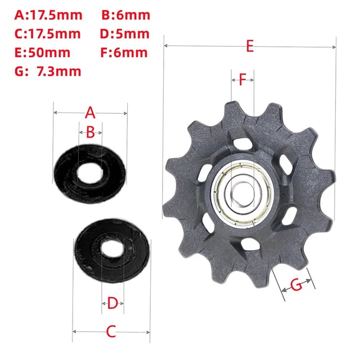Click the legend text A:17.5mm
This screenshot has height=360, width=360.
48,15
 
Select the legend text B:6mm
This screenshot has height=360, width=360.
126,15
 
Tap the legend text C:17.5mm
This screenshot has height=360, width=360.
47,34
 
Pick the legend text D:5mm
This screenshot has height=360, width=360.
125,34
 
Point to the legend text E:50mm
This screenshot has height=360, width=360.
42,52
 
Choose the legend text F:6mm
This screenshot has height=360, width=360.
124,52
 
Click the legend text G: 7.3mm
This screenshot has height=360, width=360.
48,71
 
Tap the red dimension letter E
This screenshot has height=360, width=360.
250,46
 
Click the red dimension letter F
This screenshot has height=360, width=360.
242,80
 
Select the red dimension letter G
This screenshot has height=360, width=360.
296,285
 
